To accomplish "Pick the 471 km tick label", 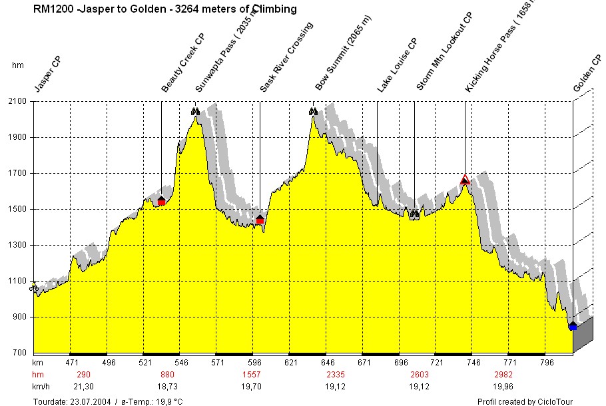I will (x=72, y=363).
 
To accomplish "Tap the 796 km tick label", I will (x=547, y=363).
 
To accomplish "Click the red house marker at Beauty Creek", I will (x=161, y=200).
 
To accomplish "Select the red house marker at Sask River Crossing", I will (x=260, y=219).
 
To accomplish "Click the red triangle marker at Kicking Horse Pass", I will (x=465, y=180).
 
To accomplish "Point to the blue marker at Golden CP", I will (x=573, y=326).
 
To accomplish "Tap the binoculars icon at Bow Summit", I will (x=313, y=111).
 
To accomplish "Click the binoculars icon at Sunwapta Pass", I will (x=195, y=111).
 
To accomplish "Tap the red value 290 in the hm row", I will (x=84, y=375).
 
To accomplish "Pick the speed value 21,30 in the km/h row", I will (x=83, y=386).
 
